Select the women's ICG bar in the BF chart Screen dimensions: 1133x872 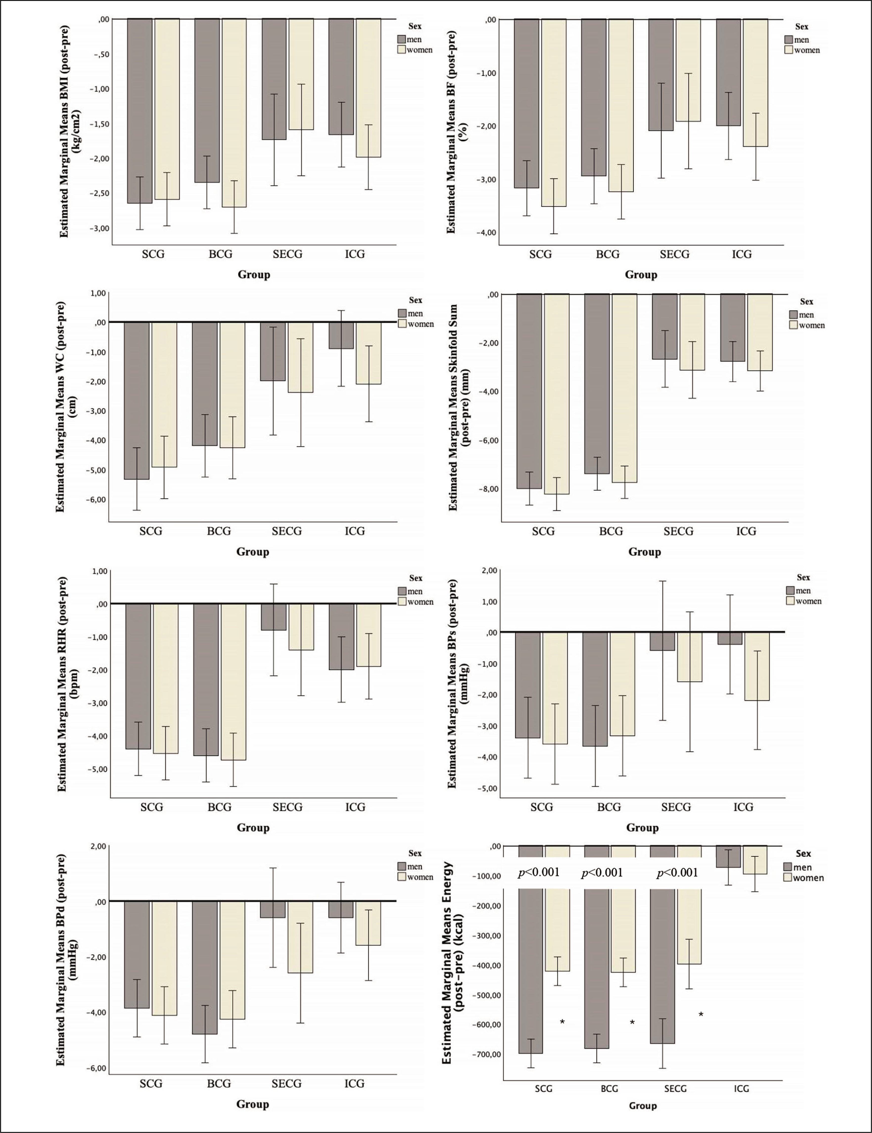755,83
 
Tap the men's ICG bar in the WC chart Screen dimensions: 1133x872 341,335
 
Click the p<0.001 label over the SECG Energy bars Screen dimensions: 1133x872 677,873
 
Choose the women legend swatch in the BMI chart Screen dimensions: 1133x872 401,50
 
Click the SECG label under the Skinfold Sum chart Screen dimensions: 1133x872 678,531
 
